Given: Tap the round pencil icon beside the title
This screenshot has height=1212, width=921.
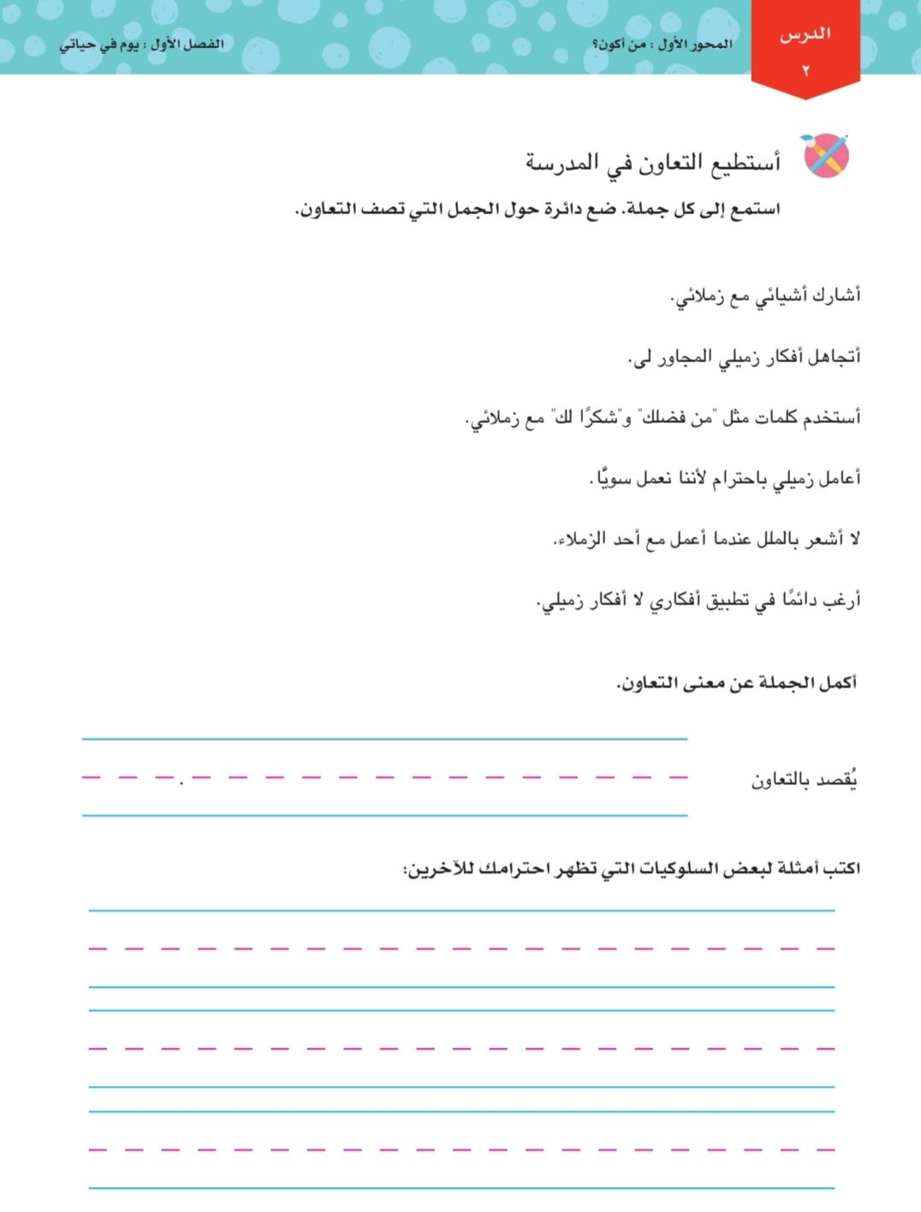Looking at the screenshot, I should click(x=825, y=157).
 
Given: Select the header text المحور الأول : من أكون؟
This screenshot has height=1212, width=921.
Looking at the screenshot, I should click(x=663, y=45).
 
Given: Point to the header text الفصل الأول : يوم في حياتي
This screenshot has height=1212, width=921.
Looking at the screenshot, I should click(x=141, y=45).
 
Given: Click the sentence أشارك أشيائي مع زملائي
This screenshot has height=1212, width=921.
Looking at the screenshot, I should click(x=765, y=296).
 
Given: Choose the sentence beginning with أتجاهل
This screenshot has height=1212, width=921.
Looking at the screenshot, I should click(x=744, y=357).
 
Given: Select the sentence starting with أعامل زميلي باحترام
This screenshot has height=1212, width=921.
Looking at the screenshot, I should click(x=725, y=478).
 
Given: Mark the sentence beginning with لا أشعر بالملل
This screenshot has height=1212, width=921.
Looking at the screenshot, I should click(x=706, y=539).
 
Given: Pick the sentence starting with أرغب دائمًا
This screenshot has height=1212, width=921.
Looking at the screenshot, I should click(x=698, y=600).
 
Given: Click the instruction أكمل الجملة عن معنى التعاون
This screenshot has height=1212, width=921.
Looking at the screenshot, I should click(x=736, y=683).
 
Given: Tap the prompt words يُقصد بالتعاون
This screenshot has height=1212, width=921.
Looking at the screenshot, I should click(x=805, y=780).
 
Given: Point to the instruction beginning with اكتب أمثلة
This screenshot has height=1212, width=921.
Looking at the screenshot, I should click(x=632, y=869).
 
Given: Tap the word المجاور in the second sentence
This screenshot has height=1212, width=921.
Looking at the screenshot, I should click(x=683, y=357).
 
